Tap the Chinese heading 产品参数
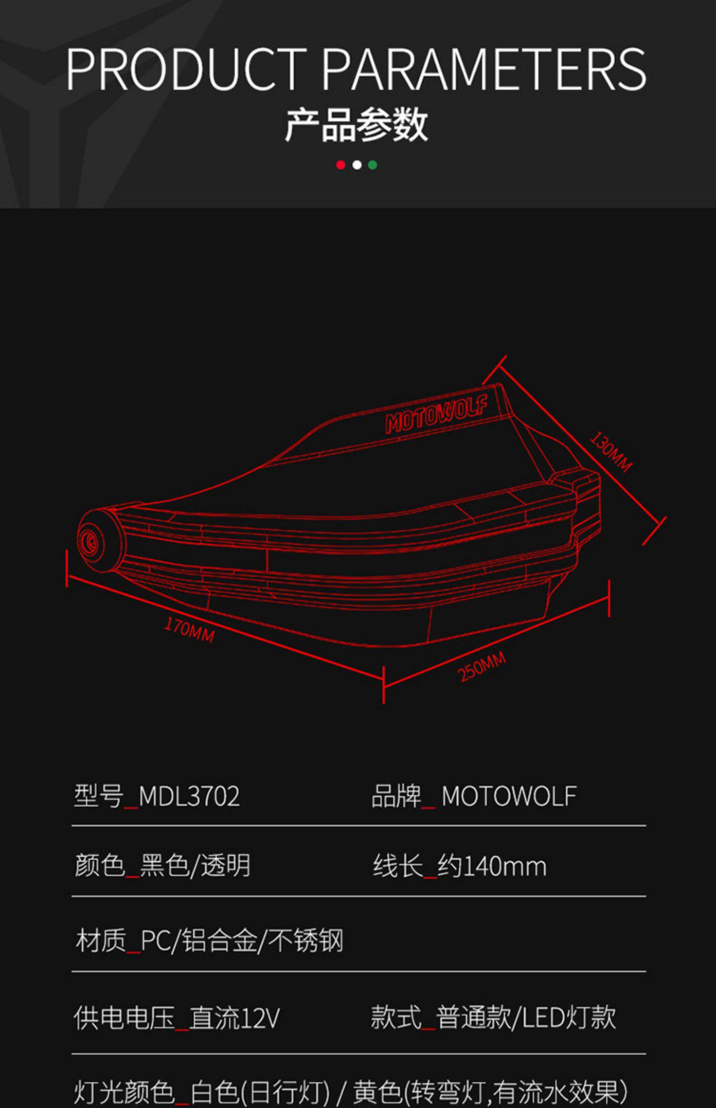pyautogui.click(x=356, y=125)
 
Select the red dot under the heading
pyautogui.click(x=340, y=165)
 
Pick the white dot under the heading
pyautogui.click(x=357, y=165)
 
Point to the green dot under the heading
pyautogui.click(x=373, y=165)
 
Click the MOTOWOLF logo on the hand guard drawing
pyautogui.click(x=436, y=415)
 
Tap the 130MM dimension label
pyautogui.click(x=611, y=451)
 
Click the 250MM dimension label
pyautogui.click(x=481, y=667)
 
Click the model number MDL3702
pyautogui.click(x=189, y=796)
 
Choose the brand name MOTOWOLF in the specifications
pyautogui.click(x=509, y=796)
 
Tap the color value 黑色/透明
pyautogui.click(x=195, y=866)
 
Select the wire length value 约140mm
pyautogui.click(x=492, y=866)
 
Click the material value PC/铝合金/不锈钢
pyautogui.click(x=242, y=941)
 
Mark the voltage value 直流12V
pyautogui.click(x=234, y=1017)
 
